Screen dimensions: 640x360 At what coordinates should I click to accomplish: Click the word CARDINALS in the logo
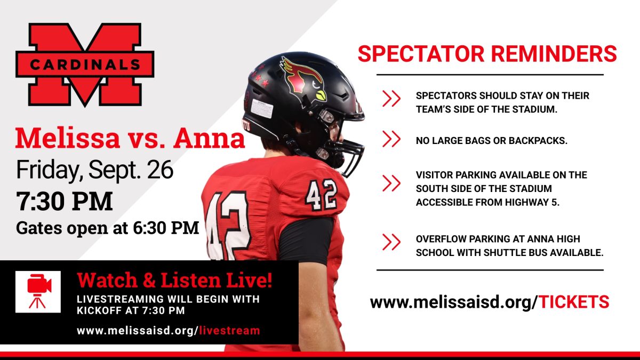point(85,65)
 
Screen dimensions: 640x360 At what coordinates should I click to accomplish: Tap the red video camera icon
point(39,291)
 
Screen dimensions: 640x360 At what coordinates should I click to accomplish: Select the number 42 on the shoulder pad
point(321,195)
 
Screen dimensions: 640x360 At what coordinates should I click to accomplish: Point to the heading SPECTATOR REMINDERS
point(487,53)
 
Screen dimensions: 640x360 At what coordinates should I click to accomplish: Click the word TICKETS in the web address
point(574,302)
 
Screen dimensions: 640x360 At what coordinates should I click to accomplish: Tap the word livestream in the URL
point(229,331)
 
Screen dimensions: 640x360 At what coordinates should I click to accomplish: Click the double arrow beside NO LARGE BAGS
point(391,139)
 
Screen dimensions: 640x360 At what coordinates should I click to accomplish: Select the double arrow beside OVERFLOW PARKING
point(391,242)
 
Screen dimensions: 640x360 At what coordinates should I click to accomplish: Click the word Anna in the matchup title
point(209,138)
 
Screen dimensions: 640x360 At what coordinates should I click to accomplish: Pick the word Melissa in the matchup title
point(67,138)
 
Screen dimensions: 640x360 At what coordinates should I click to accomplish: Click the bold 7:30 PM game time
point(65,201)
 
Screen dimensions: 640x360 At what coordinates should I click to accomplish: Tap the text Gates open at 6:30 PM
point(107,228)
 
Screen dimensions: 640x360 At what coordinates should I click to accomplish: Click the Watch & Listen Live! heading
point(174,280)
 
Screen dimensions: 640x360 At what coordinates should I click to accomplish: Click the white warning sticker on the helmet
point(262,109)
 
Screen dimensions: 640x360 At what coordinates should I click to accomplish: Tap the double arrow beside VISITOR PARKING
point(391,183)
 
